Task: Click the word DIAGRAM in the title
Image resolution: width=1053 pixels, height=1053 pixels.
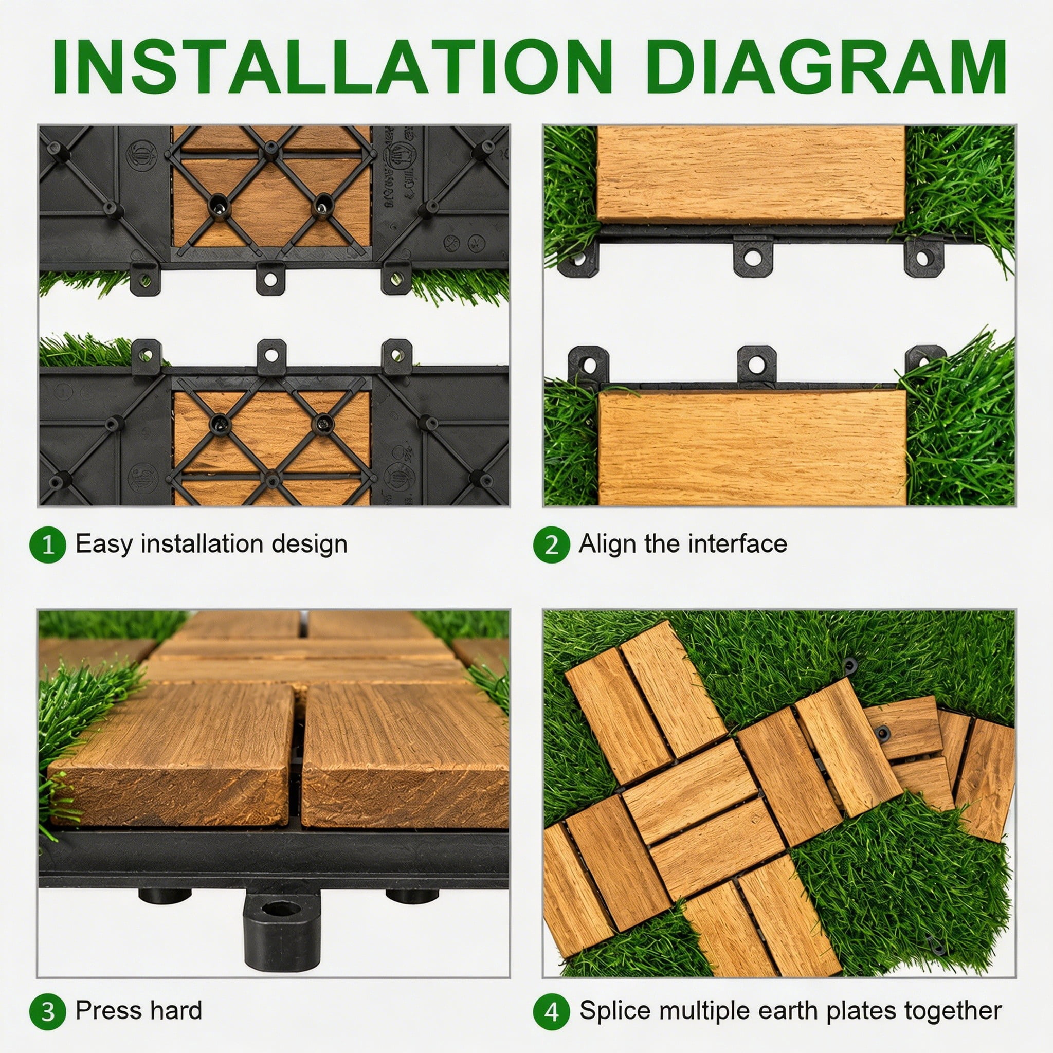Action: point(826,67)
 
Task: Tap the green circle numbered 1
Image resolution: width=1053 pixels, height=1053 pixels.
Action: point(48,544)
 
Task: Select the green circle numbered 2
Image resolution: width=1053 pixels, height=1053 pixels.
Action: point(552,544)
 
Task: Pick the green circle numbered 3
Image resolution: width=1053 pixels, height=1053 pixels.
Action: point(48,1011)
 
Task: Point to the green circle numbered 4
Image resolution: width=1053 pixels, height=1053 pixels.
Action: point(552,1011)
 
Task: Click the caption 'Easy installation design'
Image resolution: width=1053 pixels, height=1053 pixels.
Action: point(211,544)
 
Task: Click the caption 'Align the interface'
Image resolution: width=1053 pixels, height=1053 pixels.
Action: point(683,544)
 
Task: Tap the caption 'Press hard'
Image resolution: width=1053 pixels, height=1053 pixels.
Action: point(139,1010)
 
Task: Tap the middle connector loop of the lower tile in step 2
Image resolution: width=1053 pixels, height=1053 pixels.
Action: point(756,364)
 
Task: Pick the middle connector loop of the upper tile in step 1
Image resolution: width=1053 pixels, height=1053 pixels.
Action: point(270,279)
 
